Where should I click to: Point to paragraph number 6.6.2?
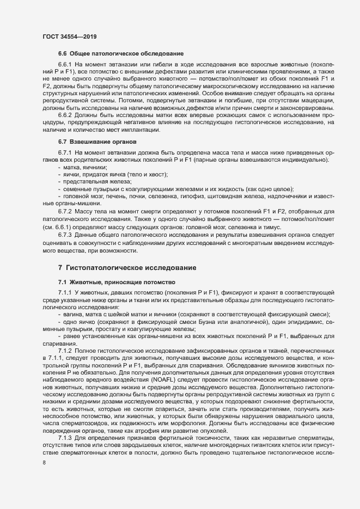pyautogui.click(x=65, y=115)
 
